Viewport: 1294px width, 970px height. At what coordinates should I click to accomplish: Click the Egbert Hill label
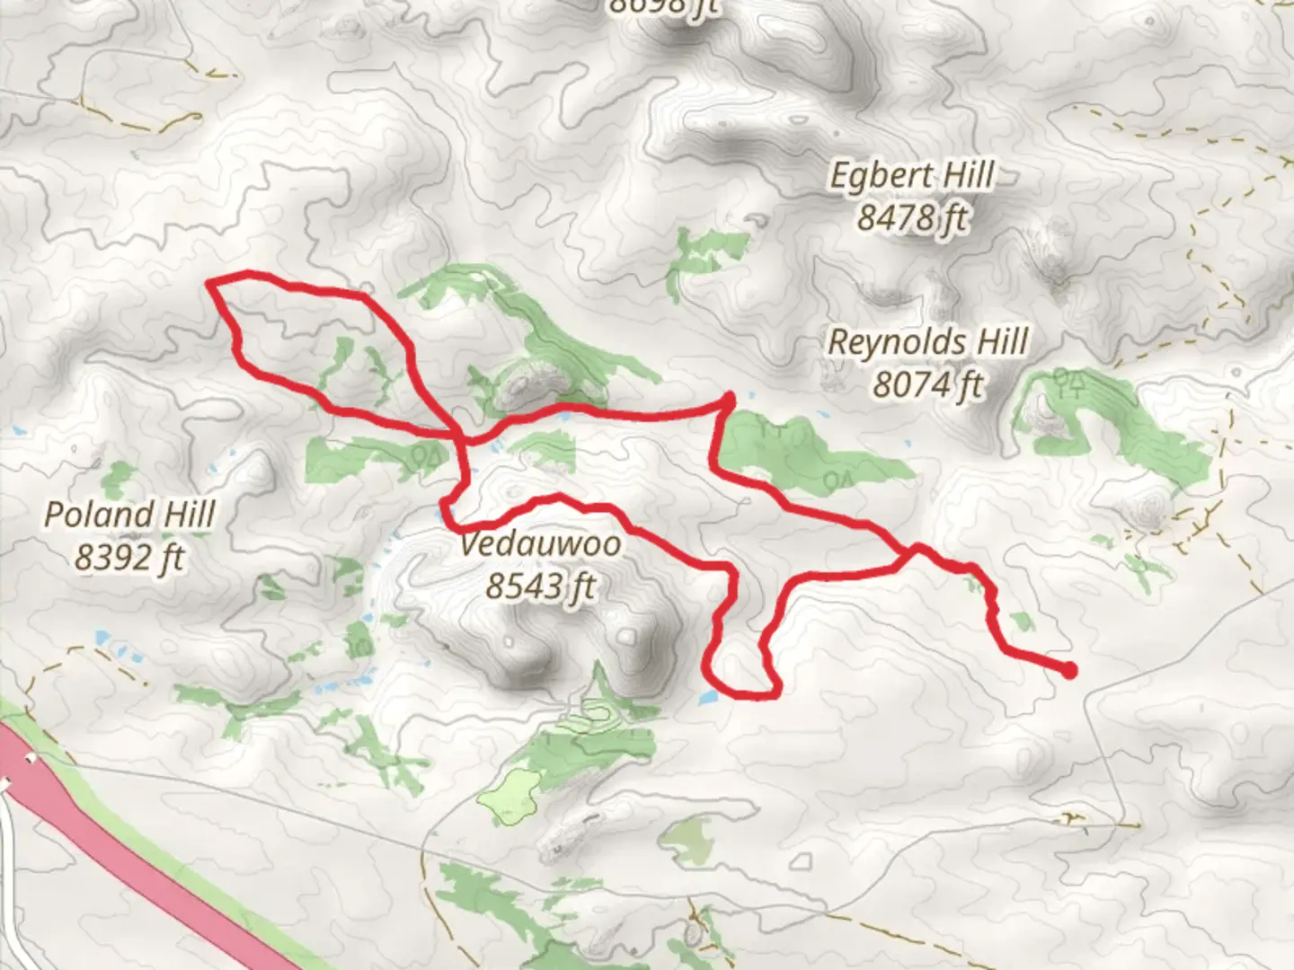[911, 176]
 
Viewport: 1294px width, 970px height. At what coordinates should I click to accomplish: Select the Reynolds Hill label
[927, 342]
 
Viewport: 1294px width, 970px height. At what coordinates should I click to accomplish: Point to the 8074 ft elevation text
[927, 384]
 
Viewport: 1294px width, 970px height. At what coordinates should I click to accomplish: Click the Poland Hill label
[129, 515]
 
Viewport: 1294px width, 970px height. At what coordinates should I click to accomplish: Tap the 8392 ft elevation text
[129, 558]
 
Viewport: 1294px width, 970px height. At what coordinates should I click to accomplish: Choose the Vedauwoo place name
[540, 544]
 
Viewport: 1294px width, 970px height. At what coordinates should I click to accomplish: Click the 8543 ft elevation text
[540, 586]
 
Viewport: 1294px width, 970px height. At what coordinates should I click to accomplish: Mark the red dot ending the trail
[1069, 670]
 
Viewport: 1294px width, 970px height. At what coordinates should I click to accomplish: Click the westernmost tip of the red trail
[210, 283]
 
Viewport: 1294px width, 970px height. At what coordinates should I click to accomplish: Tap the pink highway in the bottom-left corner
[135, 853]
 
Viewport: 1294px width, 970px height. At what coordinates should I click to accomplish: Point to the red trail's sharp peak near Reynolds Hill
[729, 396]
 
